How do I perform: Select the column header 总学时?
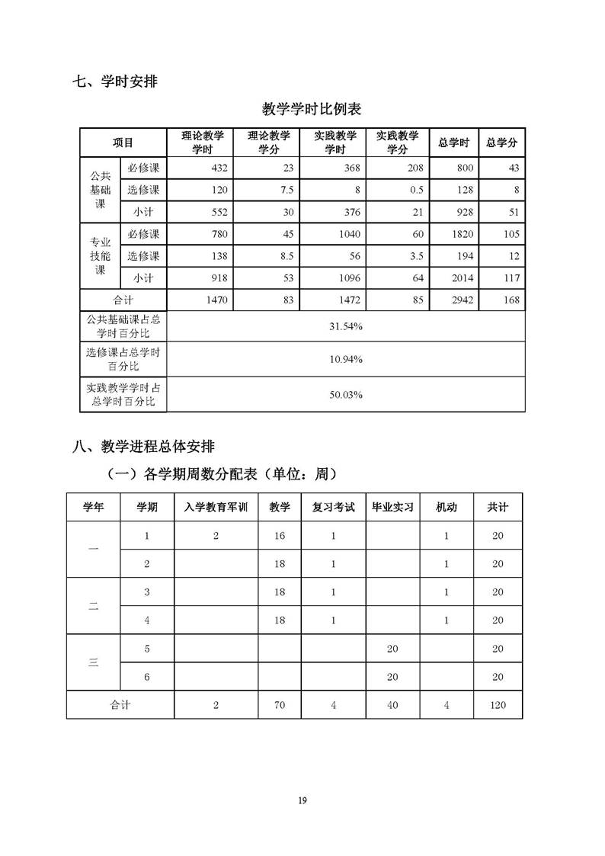[454, 143]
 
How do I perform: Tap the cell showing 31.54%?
[346, 326]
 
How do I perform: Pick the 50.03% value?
[346, 394]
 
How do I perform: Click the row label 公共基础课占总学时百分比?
[123, 326]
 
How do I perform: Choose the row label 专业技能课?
[101, 255]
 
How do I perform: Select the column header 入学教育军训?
[216, 507]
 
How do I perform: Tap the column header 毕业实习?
[392, 507]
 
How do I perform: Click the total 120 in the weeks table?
[498, 705]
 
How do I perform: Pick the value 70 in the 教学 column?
[280, 705]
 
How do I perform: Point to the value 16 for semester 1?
[280, 536]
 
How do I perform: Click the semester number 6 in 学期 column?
[147, 677]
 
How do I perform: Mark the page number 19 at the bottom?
[302, 800]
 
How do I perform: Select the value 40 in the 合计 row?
[392, 705]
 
